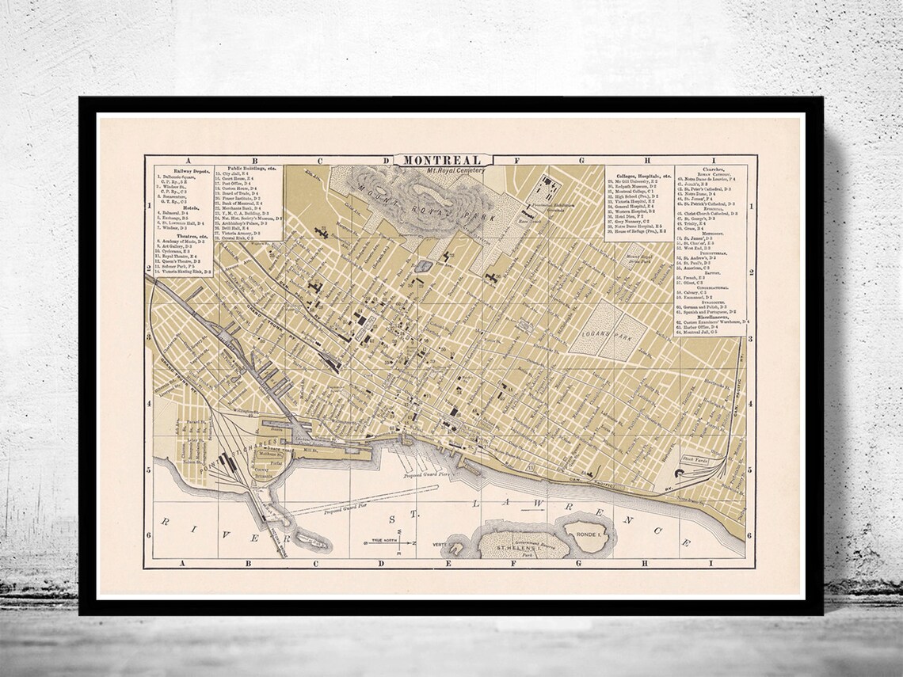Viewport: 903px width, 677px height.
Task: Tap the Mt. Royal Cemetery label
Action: pos(449,169)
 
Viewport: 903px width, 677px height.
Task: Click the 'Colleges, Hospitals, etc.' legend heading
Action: pos(639,175)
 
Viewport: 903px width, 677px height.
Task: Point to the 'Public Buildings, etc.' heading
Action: pos(246,169)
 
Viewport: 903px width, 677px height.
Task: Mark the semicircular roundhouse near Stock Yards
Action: pos(680,474)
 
